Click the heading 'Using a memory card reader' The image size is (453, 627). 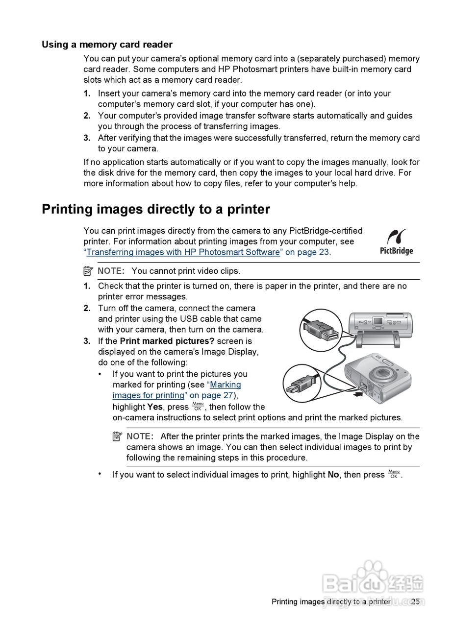(x=107, y=45)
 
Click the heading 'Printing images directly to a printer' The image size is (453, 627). (x=155, y=209)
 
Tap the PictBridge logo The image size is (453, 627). (x=396, y=241)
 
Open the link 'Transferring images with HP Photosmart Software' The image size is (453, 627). (x=183, y=252)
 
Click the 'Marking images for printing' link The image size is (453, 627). (x=176, y=390)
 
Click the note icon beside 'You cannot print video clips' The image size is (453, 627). (x=88, y=270)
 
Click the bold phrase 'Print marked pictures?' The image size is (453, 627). (x=167, y=341)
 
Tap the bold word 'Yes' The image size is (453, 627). (x=155, y=407)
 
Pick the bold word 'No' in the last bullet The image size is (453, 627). (x=333, y=475)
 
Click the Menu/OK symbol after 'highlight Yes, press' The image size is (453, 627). (x=198, y=406)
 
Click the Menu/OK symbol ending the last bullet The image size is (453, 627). (x=394, y=474)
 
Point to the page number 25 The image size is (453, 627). (x=415, y=602)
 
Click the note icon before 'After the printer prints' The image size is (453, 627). (x=117, y=436)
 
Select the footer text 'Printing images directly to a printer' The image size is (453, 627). (x=331, y=602)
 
